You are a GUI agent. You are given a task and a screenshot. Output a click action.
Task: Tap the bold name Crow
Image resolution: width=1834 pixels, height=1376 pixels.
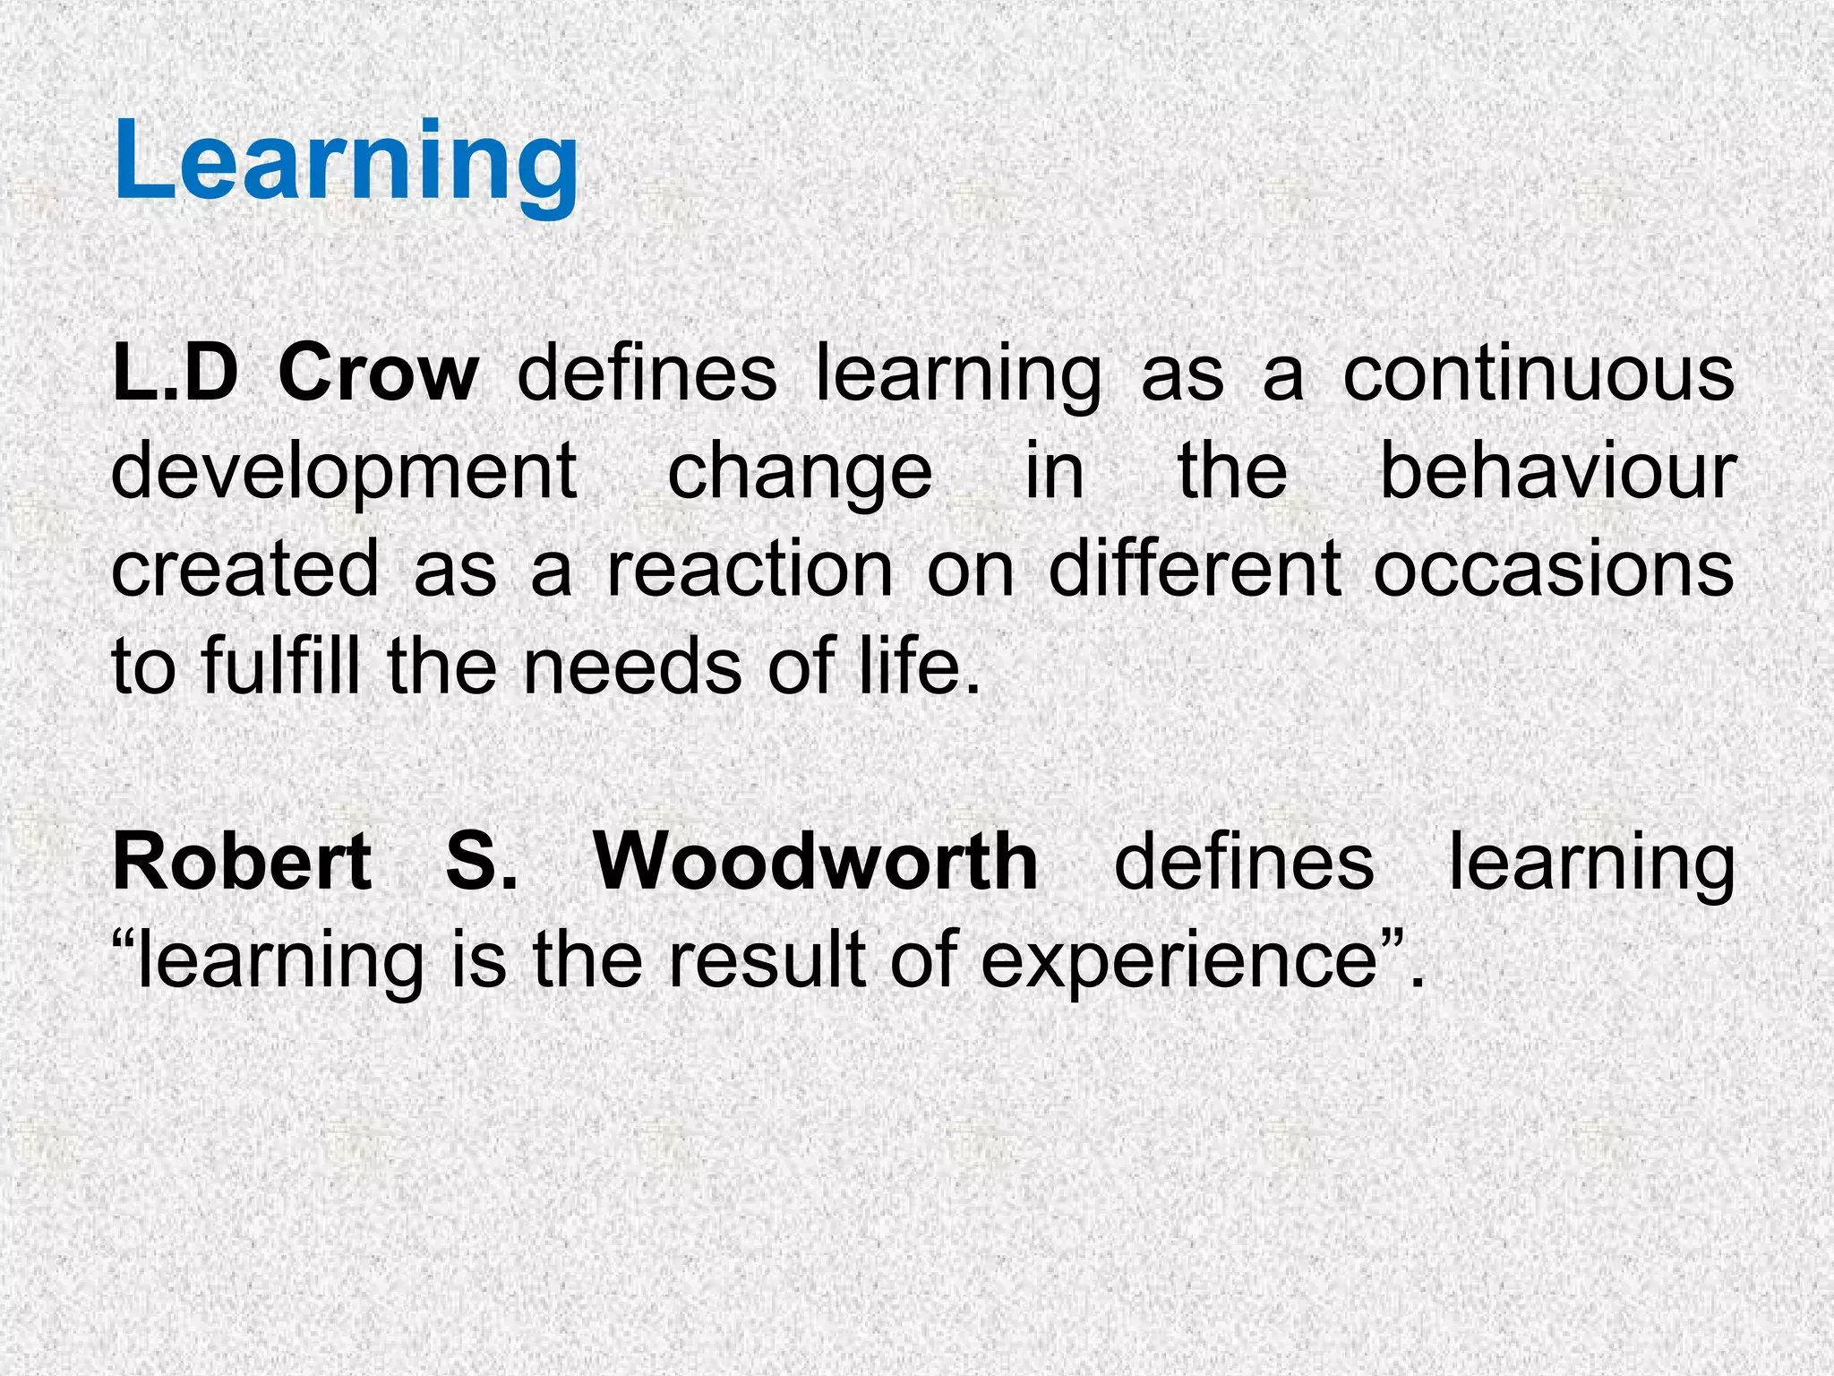(378, 374)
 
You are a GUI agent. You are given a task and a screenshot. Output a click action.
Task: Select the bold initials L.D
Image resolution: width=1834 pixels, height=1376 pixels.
(176, 374)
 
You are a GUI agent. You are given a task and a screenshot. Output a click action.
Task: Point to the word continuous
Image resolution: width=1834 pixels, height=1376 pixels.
(1538, 374)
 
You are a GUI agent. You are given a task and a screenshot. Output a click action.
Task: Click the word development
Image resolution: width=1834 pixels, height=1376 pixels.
(344, 473)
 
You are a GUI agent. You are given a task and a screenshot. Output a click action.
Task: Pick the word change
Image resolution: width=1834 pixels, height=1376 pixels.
(800, 473)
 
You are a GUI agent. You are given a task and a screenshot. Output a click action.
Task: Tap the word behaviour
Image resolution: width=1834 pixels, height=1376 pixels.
(1556, 471)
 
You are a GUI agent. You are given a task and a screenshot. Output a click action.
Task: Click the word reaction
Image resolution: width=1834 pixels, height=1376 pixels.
(750, 569)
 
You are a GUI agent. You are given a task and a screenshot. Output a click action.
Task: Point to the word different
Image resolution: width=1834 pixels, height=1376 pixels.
(1195, 569)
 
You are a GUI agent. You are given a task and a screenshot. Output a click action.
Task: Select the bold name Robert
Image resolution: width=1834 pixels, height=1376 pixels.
(242, 862)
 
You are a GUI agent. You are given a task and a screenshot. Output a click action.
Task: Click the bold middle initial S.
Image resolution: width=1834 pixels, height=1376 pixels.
(481, 862)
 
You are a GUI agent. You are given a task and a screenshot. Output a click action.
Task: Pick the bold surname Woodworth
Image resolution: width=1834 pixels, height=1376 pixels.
(816, 862)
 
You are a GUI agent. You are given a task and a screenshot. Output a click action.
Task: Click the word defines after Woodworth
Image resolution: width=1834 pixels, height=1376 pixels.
(1244, 862)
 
